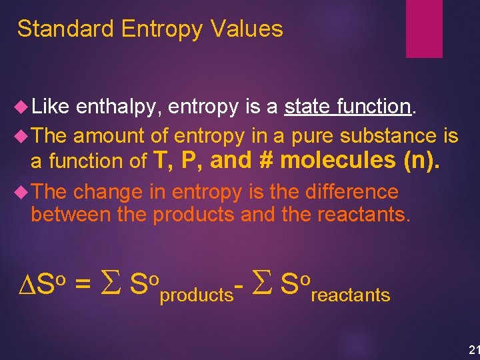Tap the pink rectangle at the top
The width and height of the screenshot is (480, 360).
tap(425, 28)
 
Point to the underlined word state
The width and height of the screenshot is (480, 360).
tap(307, 107)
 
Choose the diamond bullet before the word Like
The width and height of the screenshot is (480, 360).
tap(20, 107)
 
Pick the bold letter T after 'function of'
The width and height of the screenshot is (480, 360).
tap(161, 159)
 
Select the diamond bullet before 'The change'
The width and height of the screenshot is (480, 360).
tap(20, 193)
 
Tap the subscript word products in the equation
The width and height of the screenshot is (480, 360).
tap(196, 295)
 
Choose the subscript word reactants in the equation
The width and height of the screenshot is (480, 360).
tap(350, 295)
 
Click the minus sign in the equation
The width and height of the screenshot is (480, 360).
tap(239, 285)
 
